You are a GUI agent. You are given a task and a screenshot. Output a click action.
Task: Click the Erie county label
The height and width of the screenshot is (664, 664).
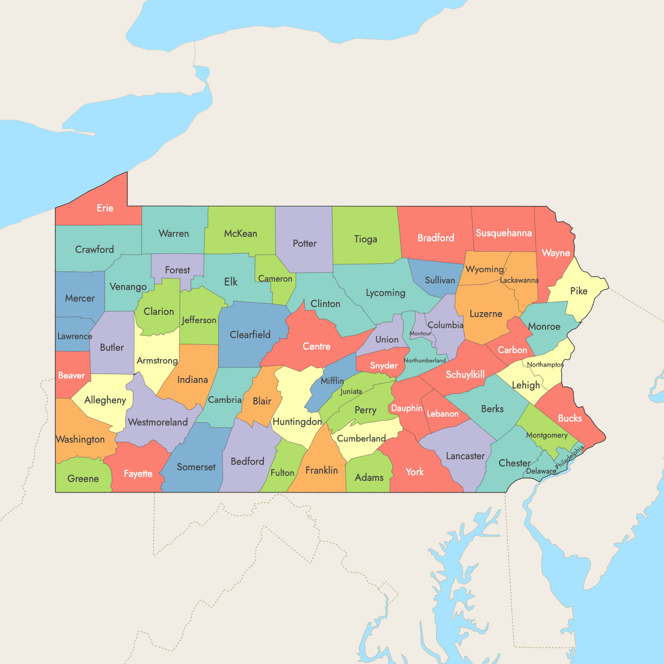(105, 208)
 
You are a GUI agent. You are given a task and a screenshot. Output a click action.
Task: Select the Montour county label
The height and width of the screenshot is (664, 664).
(421, 333)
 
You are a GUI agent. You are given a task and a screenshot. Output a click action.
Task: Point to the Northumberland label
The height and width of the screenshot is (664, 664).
(424, 360)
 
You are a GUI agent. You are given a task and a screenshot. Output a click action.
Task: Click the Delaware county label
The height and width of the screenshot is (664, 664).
(541, 471)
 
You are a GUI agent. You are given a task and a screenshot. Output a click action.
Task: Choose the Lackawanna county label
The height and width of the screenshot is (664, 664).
(519, 280)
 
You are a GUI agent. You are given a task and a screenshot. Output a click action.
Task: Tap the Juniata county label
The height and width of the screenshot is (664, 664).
(351, 391)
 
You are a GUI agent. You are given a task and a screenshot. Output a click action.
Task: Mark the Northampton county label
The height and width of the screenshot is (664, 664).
(545, 365)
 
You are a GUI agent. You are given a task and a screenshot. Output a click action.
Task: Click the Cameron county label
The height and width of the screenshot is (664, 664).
(275, 278)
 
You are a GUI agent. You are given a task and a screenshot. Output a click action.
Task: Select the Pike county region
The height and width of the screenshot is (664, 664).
(579, 290)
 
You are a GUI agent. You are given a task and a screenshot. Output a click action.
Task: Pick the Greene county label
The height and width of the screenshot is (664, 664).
(83, 479)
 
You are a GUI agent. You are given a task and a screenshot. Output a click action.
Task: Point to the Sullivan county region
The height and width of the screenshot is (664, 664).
(440, 280)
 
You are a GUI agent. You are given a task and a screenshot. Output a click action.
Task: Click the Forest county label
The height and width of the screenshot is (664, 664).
(178, 270)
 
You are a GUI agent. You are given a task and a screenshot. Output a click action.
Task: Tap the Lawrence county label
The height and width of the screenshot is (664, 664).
(75, 336)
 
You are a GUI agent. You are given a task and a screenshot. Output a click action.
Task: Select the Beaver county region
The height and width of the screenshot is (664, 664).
(71, 375)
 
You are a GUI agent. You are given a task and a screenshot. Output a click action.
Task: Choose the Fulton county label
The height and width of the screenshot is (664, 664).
(282, 473)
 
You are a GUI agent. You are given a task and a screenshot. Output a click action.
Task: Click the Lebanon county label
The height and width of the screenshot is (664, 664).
(443, 413)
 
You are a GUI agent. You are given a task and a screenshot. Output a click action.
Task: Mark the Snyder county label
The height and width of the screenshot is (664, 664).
(383, 365)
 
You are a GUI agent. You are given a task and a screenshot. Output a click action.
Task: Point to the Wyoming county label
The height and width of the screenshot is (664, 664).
(485, 269)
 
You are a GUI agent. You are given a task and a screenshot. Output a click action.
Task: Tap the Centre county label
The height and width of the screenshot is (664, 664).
(317, 346)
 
